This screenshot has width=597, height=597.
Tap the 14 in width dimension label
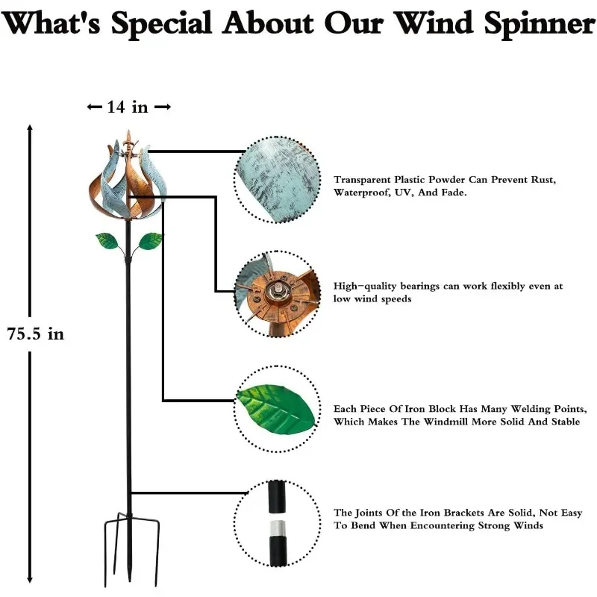coord(128,107)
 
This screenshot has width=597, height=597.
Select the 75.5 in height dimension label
coord(36,334)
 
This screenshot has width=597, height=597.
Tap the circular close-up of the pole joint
coord(278,520)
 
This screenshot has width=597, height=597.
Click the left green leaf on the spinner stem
coord(108,241)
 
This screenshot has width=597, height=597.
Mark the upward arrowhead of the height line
coord(30,128)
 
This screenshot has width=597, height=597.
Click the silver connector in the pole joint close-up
coord(278,528)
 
